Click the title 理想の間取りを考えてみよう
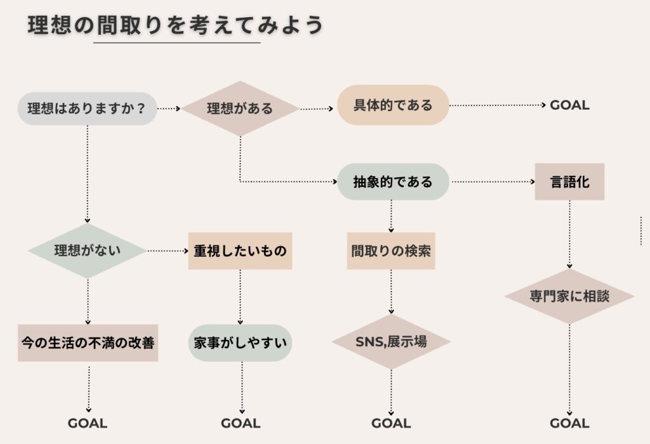coord(176,25)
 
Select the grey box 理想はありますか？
coord(87,108)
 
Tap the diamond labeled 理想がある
coord(240,108)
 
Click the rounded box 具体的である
coord(393,105)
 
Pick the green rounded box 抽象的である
coord(393,182)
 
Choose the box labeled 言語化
coord(569,182)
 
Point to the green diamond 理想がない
coord(88,251)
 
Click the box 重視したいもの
coord(240,251)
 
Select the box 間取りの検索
coord(391,251)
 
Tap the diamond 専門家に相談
coord(569,296)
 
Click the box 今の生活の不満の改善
coord(88,343)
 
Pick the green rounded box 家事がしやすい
coord(240,343)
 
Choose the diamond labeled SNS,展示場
coord(391,342)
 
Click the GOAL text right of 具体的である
coord(569,105)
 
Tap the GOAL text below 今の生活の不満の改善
coord(88,423)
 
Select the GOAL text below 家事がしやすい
coord(241,423)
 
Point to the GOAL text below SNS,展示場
coord(391,423)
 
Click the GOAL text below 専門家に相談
coord(569,423)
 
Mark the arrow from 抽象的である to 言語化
coord(492,182)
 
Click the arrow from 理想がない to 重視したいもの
coord(168,251)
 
